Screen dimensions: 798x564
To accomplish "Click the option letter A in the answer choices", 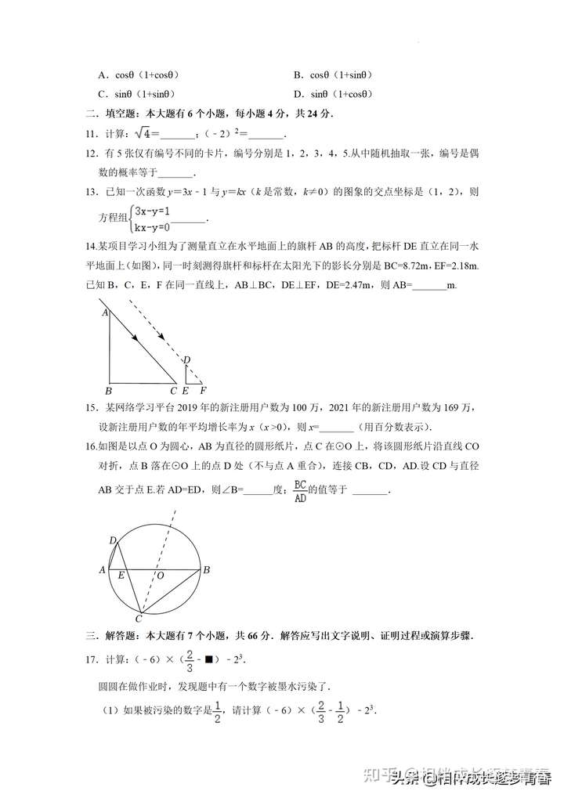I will [x=103, y=75].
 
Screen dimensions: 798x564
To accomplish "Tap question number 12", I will [x=92, y=154].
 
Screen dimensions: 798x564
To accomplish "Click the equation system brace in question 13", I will [x=131, y=218].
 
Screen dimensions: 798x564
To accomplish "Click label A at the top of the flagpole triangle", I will [x=105, y=312].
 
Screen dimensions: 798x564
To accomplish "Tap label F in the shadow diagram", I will [x=203, y=390].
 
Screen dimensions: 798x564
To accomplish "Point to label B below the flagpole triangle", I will [x=109, y=390].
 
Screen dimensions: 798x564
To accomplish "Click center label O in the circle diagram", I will [x=159, y=576].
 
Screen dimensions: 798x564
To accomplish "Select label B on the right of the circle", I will [x=207, y=570].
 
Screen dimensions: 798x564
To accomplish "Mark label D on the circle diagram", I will [x=113, y=540].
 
